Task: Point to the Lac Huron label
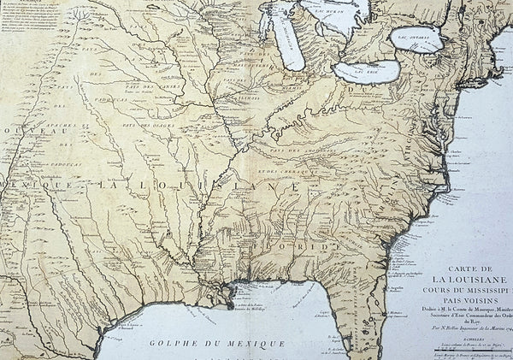(332, 13)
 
